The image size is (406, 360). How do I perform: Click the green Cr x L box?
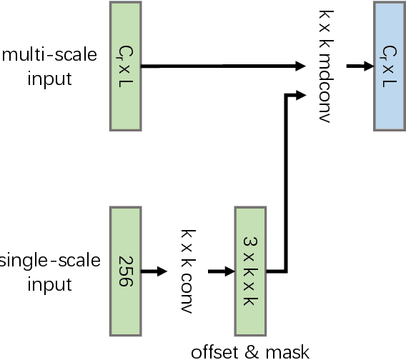pyautogui.click(x=126, y=66)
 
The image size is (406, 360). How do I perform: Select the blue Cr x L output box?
pyautogui.click(x=390, y=66)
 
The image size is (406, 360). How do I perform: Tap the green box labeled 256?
pyautogui.click(x=126, y=271)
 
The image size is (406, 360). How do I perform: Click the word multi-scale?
pyautogui.click(x=49, y=55)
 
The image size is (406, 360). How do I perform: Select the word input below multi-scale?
pyautogui.click(x=49, y=78)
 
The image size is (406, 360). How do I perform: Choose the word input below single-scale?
pyautogui.click(x=49, y=284)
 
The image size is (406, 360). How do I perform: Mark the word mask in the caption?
pyautogui.click(x=289, y=351)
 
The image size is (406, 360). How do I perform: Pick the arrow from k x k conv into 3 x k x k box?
pyautogui.click(x=221, y=271)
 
